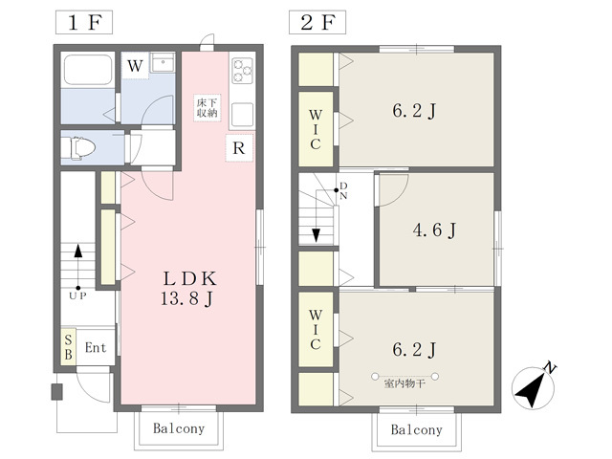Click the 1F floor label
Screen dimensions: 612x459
84,22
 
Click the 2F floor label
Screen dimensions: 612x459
317,22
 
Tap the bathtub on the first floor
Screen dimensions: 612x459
88,70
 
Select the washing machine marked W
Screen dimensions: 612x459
135,66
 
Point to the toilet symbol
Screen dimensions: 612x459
83,148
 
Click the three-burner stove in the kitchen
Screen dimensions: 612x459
242,71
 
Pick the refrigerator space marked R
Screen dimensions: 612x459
239,148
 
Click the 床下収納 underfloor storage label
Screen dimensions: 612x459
208,108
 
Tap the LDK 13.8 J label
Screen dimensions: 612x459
188,289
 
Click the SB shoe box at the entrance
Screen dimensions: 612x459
68,347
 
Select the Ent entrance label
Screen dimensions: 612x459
96,347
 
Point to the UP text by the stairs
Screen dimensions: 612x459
77,295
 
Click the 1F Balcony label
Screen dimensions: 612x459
179,428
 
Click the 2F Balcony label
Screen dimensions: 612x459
417,429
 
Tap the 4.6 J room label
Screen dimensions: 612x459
434,229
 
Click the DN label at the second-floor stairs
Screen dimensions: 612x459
343,191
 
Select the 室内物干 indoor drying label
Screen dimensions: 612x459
404,383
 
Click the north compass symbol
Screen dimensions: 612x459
534,386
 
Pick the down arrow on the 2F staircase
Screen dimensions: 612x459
316,234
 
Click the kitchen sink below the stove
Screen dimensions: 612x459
242,114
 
